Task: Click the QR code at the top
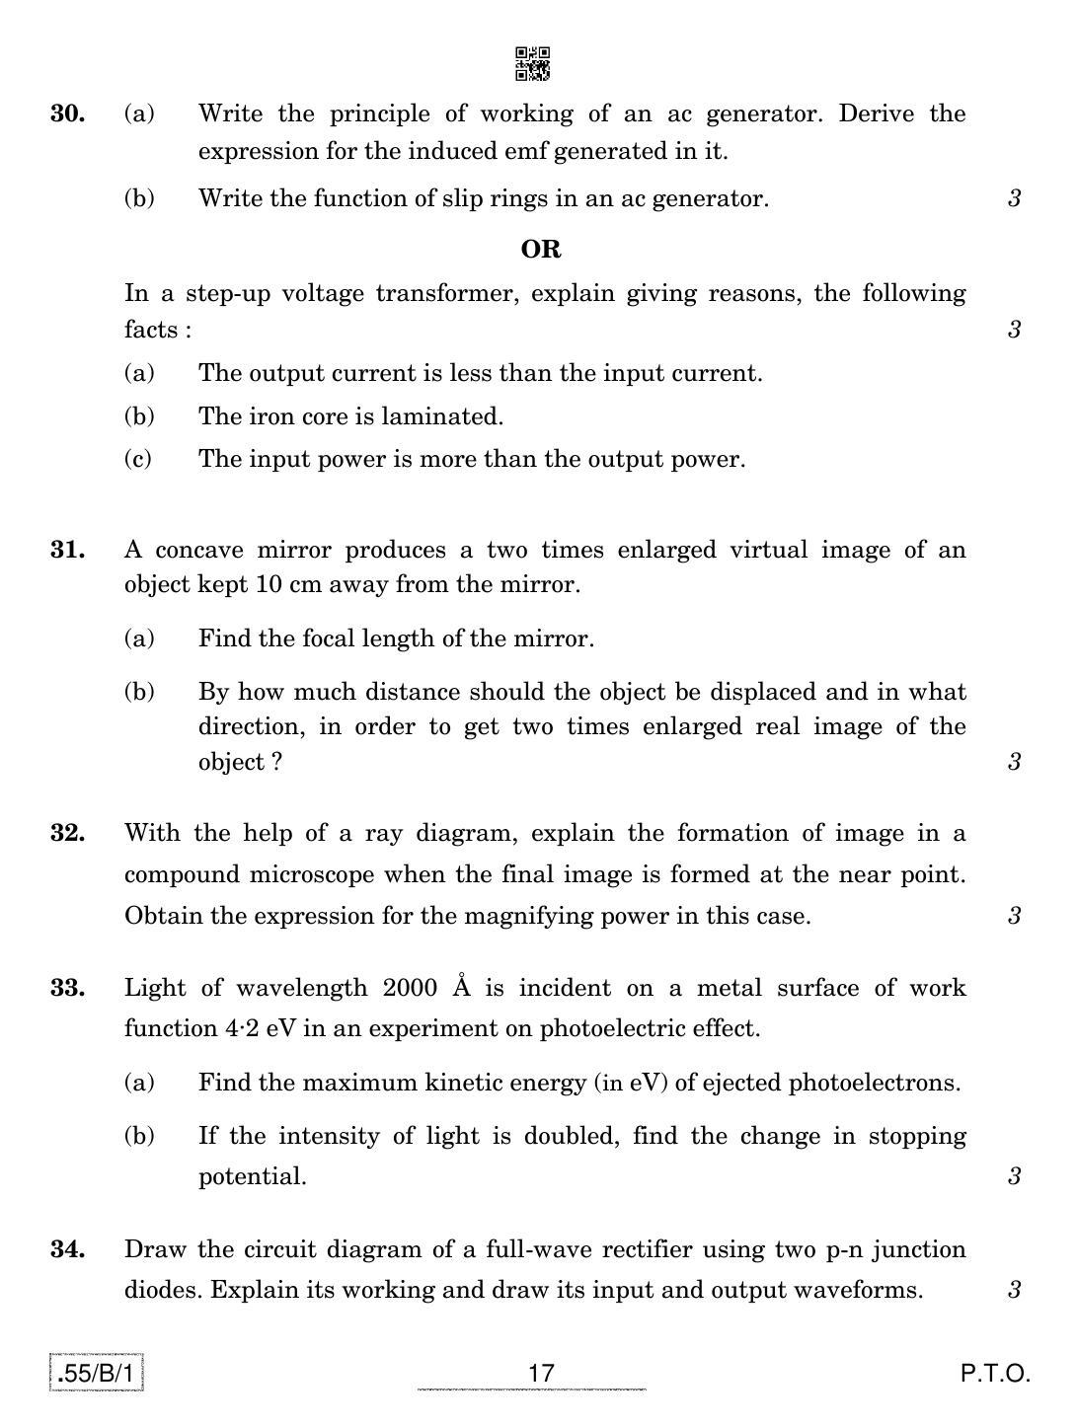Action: point(533,63)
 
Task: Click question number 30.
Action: point(67,114)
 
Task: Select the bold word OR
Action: point(540,250)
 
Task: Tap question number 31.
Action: point(67,550)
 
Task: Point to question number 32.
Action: point(67,833)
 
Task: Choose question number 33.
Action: point(67,988)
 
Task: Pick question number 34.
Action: point(67,1249)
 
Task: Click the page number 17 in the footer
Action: point(541,1373)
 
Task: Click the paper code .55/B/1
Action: point(97,1373)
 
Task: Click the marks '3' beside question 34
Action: point(1014,1290)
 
